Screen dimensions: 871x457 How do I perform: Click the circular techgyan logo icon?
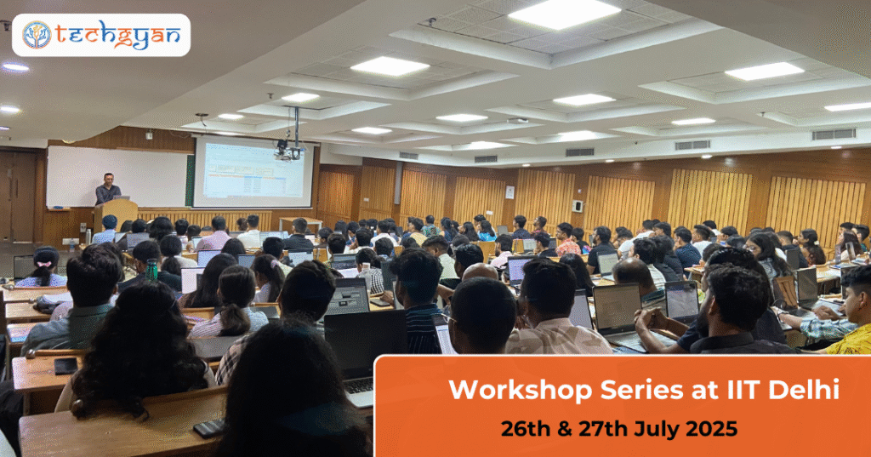[37, 35]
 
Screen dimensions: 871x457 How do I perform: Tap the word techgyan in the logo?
[117, 36]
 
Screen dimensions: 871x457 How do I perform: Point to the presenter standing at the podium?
[107, 189]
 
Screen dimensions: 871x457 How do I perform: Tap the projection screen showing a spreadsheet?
[253, 173]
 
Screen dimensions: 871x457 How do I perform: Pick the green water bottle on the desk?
[151, 269]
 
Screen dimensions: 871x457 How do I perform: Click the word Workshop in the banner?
[521, 390]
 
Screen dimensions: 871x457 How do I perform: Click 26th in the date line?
[525, 429]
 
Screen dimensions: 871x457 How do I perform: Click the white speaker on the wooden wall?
[578, 206]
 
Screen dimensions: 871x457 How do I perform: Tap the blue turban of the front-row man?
[110, 221]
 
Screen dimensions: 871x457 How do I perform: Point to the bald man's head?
[480, 271]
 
